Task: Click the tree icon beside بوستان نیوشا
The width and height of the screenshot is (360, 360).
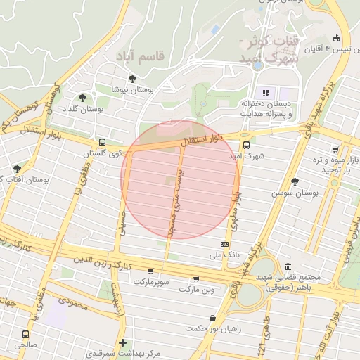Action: coord(132,79)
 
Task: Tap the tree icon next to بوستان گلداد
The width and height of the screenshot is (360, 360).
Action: coord(83,98)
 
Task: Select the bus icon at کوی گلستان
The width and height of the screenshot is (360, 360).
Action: coord(103,141)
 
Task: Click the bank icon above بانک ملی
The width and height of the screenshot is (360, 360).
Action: coord(224,244)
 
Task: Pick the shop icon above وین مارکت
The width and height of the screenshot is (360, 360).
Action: coord(195,278)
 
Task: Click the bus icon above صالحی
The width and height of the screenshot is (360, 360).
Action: coord(26,335)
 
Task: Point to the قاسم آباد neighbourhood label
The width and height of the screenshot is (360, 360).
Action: coord(140,55)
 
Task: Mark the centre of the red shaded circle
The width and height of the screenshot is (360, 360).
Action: coord(181,179)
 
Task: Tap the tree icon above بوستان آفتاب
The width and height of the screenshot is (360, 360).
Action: coord(17,169)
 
